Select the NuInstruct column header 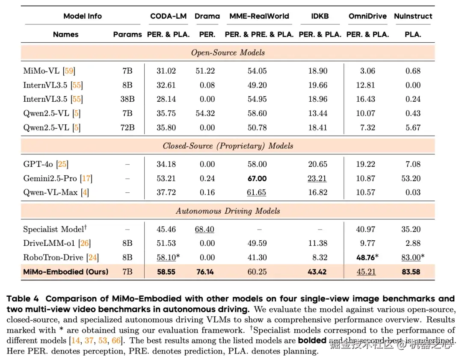(x=413, y=16)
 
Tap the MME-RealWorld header (x=259, y=16)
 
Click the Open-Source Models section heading (x=228, y=53)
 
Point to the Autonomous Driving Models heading (x=228, y=211)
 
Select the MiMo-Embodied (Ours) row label (x=66, y=271)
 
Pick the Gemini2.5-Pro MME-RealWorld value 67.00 (x=257, y=178)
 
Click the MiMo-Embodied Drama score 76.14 (x=204, y=271)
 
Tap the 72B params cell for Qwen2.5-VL (x=127, y=127)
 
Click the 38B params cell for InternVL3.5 (x=127, y=99)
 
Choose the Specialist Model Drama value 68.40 (x=204, y=229)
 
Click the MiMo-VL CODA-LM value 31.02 (x=166, y=71)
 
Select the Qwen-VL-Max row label (x=50, y=192)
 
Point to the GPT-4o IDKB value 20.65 (x=318, y=164)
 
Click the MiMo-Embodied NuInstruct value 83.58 (x=411, y=271)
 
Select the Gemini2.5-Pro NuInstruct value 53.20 (x=411, y=178)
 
